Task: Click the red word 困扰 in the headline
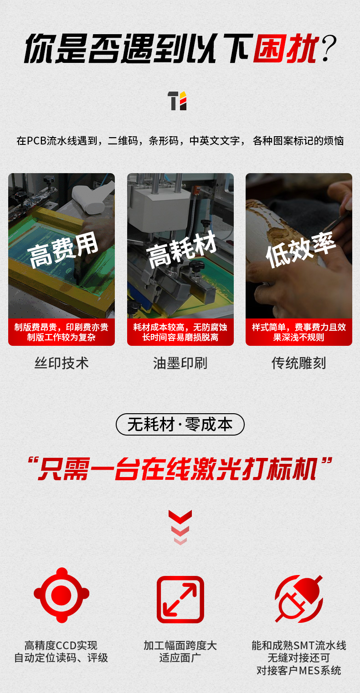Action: click(x=286, y=49)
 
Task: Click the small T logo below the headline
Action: click(x=177, y=101)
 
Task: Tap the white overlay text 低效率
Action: click(x=301, y=250)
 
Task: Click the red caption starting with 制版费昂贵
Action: click(x=61, y=332)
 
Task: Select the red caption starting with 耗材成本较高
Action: click(x=180, y=332)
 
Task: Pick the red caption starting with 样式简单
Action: click(x=299, y=332)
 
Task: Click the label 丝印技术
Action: click(x=62, y=363)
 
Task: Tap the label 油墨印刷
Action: click(x=180, y=363)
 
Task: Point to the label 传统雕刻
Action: click(x=299, y=363)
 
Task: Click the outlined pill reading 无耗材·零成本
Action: click(x=180, y=424)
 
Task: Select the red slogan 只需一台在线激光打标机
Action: click(x=180, y=469)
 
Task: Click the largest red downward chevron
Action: click(x=180, y=517)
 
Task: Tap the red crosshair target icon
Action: click(x=62, y=595)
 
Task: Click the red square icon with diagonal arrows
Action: click(x=180, y=599)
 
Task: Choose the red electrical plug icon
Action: click(x=299, y=599)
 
